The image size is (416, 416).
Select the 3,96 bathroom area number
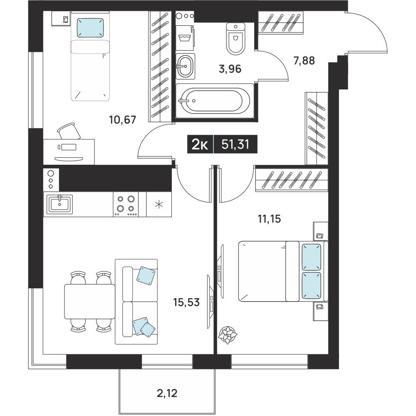pos(230,69)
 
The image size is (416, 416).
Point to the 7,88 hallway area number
pos(304,60)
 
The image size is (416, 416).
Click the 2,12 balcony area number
pos(167,393)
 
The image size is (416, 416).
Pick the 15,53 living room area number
pos(186,302)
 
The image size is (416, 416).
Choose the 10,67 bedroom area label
pos(123,120)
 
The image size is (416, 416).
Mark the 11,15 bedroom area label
pos(269,219)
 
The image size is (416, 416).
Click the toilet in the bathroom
pos(235,39)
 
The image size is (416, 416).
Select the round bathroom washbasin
pos(185,66)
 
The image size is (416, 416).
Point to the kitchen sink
pos(59,204)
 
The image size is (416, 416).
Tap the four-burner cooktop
pos(126,204)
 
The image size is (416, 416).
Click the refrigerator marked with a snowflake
pos(159,204)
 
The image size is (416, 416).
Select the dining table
pos(90,301)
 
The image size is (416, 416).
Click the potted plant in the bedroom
pos(228,335)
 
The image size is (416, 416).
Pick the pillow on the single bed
pos(90,27)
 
